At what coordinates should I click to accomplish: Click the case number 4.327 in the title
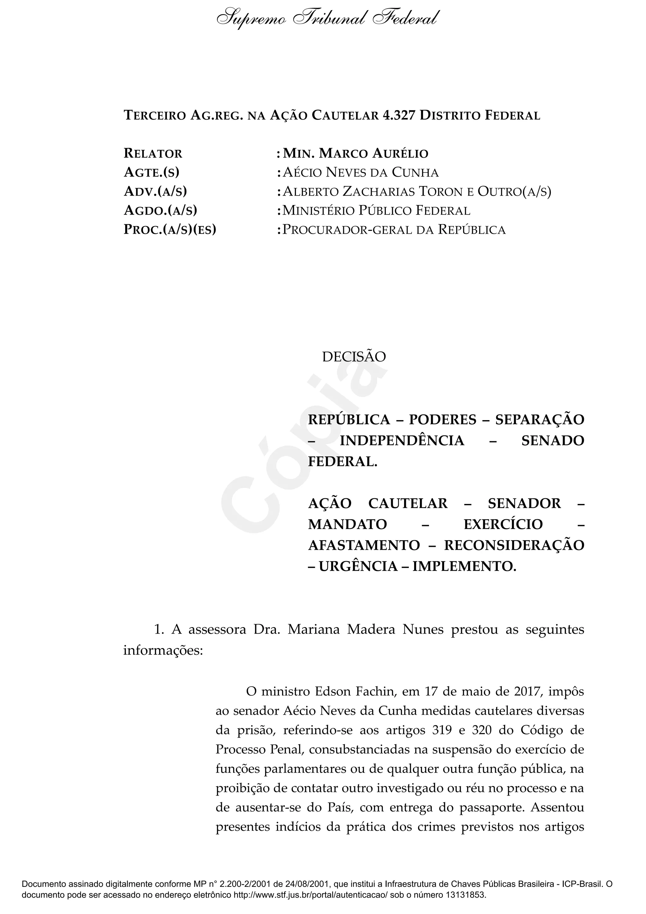(398, 115)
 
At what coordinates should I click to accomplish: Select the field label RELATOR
(153, 153)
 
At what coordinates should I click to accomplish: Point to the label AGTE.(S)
(152, 173)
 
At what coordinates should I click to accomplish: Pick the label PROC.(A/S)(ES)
(170, 230)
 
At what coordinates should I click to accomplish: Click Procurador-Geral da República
(394, 230)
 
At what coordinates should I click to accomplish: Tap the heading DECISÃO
(354, 357)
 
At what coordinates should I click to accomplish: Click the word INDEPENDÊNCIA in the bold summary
(402, 441)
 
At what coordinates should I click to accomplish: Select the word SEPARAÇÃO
(540, 419)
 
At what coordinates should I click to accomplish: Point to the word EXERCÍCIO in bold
(503, 524)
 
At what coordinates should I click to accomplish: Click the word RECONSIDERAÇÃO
(514, 545)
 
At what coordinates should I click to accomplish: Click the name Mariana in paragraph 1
(314, 630)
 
